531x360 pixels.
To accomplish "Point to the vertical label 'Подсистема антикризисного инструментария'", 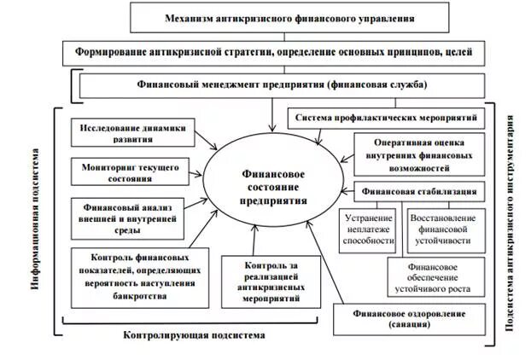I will click(512, 220).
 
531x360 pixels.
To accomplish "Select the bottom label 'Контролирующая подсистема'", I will click(201, 335).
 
